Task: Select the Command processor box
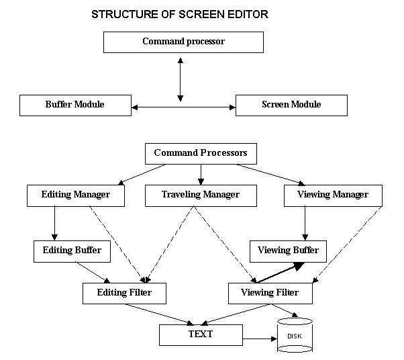pos(183,42)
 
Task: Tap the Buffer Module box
pos(74,105)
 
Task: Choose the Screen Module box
pos(291,105)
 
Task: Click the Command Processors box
pos(201,154)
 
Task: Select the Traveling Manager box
pos(201,195)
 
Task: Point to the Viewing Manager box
pos(333,195)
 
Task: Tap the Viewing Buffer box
pos(288,251)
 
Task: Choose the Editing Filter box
pos(124,293)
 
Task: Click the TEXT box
pos(201,334)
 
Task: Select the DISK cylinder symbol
pos(295,336)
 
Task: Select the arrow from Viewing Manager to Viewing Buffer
pos(306,223)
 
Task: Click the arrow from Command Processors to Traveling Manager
pos(201,173)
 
